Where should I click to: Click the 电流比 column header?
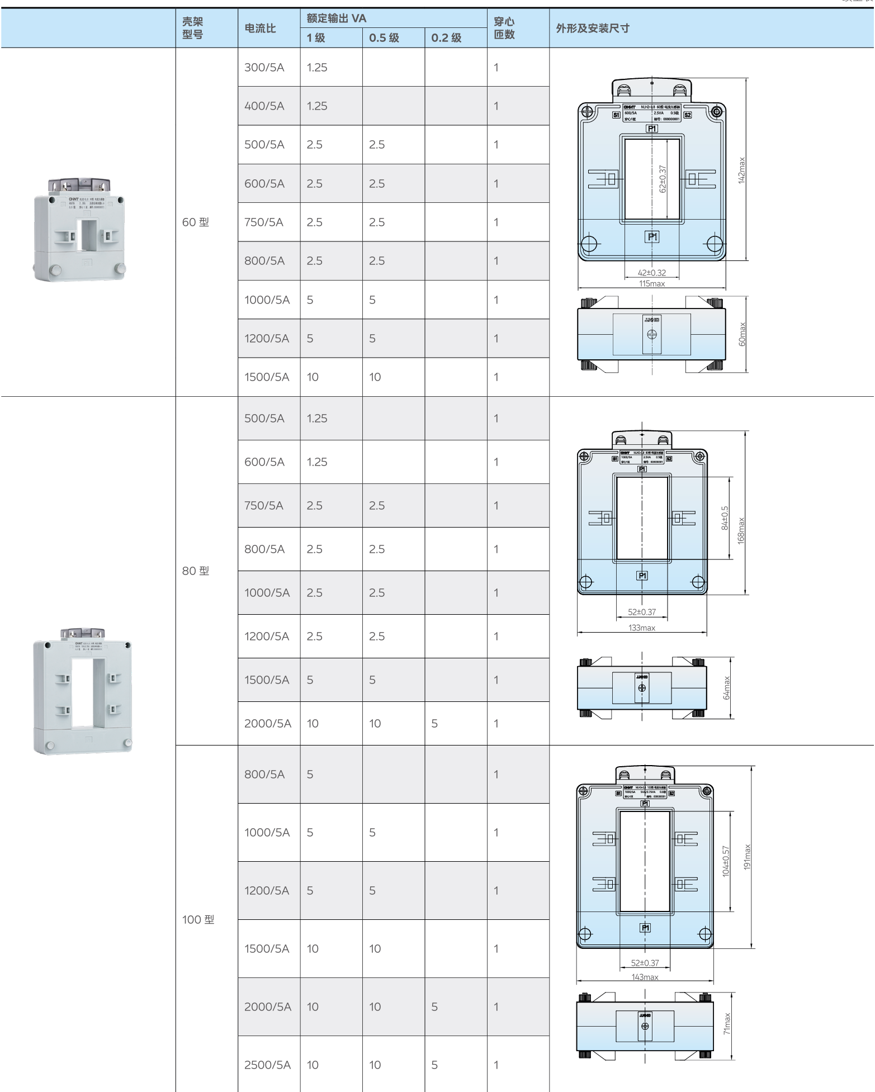pos(260,29)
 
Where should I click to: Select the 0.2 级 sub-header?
pos(446,38)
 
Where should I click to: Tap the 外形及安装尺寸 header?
pos(593,29)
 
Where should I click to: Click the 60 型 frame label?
pos(196,222)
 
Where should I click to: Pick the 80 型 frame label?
pos(196,571)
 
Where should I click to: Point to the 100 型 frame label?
pos(198,920)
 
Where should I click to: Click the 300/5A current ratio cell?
pos(264,68)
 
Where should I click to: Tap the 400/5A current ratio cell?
pos(264,106)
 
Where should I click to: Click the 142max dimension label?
pos(741,170)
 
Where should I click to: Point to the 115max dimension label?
pos(652,284)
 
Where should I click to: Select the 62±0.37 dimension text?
pos(663,179)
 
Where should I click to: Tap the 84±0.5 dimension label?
pos(725,518)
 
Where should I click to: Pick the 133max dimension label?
pos(642,628)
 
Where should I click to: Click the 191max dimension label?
pos(748,857)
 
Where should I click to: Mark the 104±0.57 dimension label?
pos(726,861)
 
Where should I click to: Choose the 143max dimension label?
pos(645,977)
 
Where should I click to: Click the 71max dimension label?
pos(727,1024)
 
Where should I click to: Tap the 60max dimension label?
pos(742,334)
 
